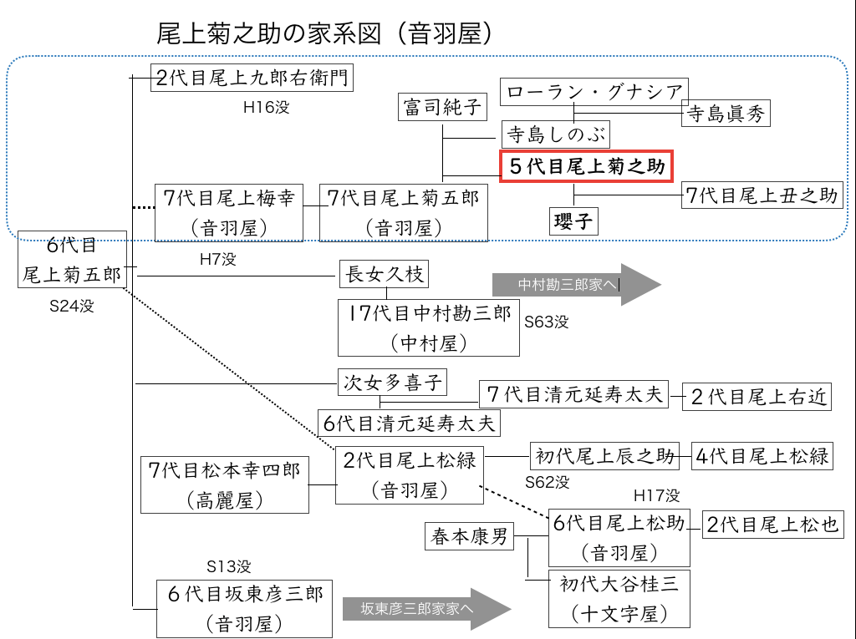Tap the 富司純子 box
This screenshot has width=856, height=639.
[x=441, y=107]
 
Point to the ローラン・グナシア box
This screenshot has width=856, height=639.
[x=594, y=92]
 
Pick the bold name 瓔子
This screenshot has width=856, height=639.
[x=573, y=221]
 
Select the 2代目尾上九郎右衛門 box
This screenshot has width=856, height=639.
[x=252, y=79]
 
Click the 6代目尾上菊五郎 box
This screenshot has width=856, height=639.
[x=72, y=259]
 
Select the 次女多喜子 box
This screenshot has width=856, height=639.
[x=392, y=383]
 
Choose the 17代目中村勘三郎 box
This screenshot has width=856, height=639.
[x=429, y=327]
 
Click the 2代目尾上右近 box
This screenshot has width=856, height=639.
[x=758, y=397]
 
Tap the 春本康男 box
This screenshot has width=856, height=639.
[x=469, y=536]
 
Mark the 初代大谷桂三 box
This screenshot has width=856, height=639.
[x=619, y=598]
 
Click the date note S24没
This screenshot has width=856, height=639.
[x=72, y=306]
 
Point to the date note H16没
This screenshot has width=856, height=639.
[x=267, y=107]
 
